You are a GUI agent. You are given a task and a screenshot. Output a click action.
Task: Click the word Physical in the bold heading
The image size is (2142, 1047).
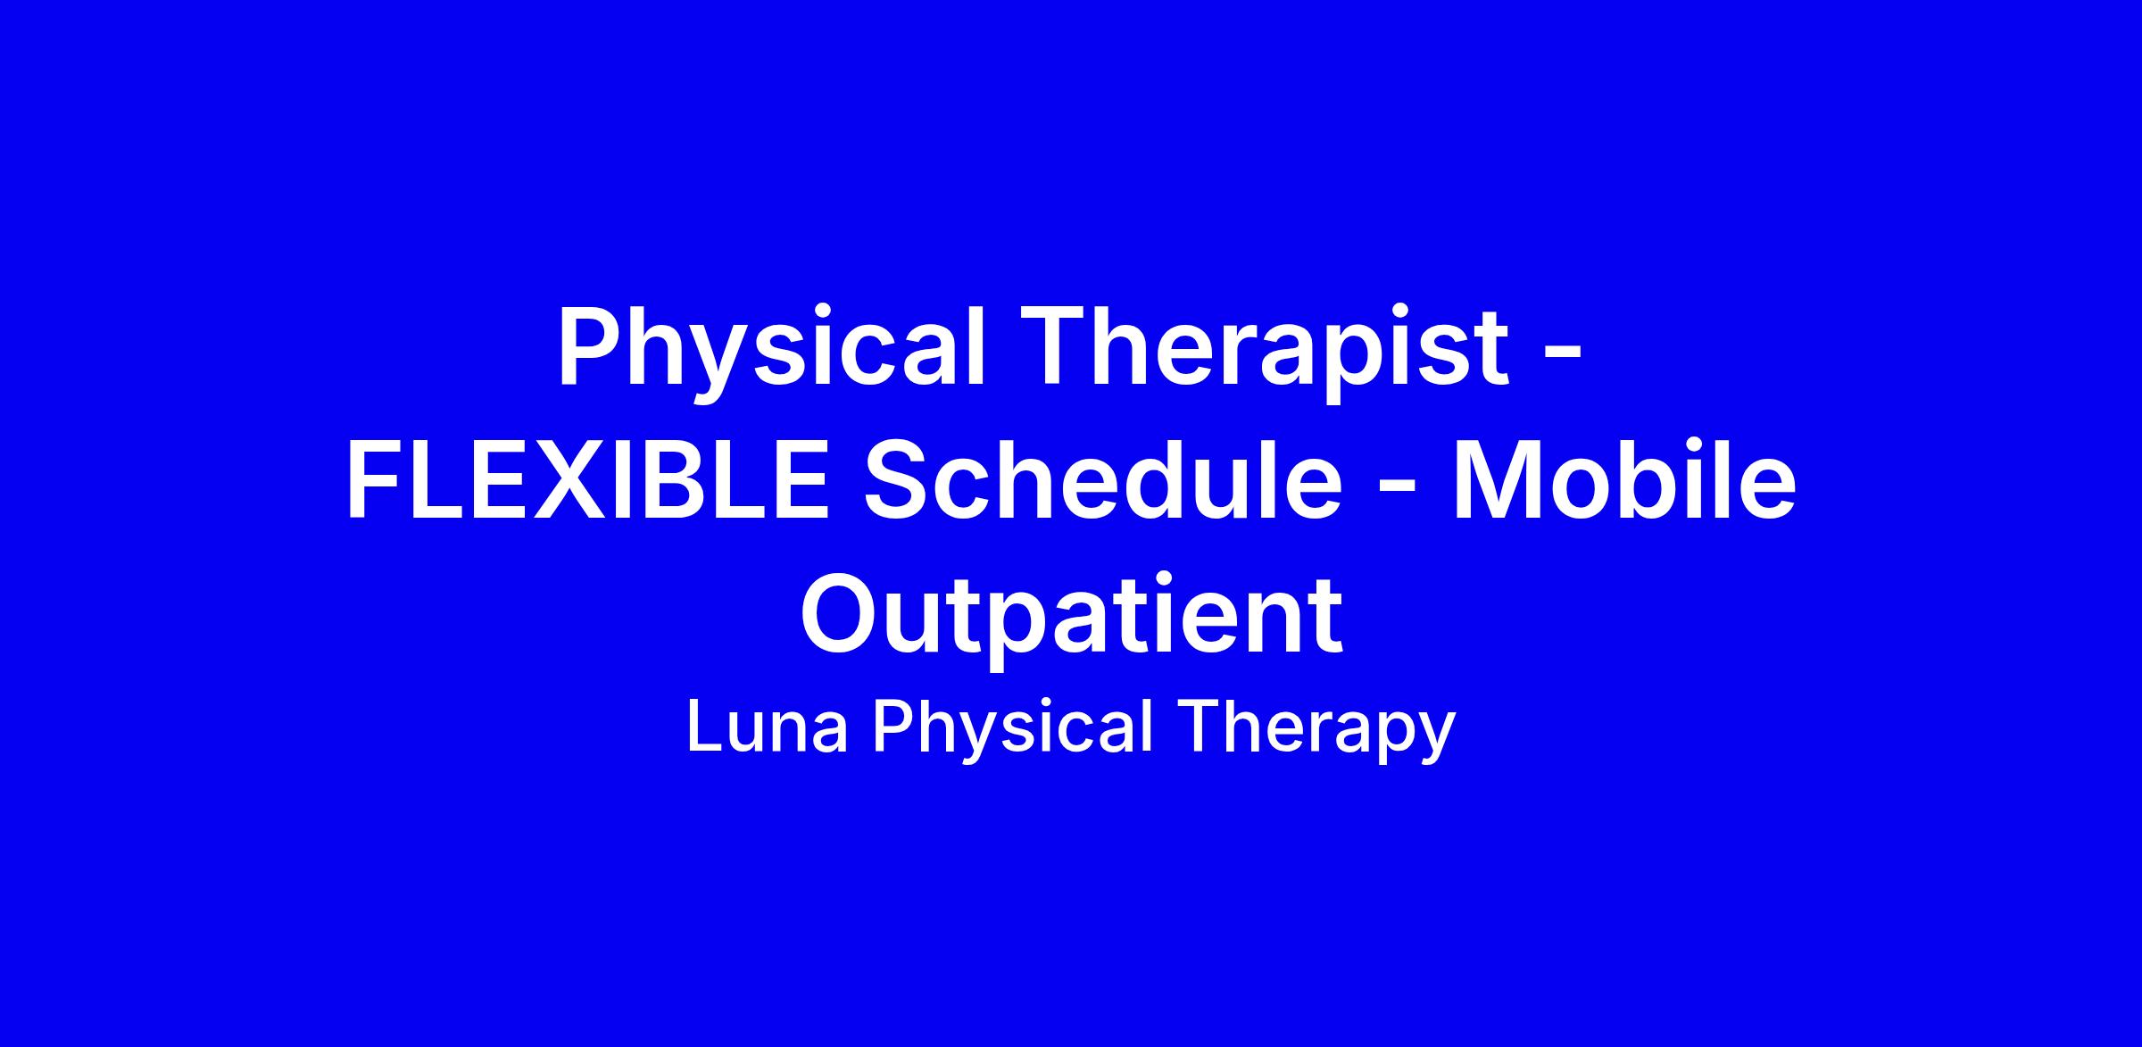pos(772,352)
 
